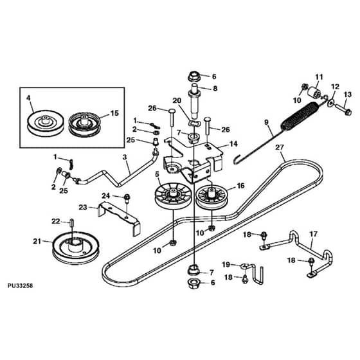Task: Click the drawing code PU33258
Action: [x=20, y=285]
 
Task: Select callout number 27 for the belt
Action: [x=280, y=147]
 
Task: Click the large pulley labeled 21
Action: [x=76, y=249]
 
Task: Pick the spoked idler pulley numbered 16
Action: [x=212, y=198]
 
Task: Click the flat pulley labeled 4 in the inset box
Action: [x=46, y=123]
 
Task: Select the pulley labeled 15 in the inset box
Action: [x=85, y=125]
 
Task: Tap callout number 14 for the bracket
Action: [x=233, y=144]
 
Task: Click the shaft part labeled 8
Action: [x=195, y=102]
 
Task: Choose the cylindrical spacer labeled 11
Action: [x=314, y=93]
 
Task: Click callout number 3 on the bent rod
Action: [x=125, y=157]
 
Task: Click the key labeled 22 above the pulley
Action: [x=72, y=222]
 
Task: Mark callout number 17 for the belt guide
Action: [x=314, y=234]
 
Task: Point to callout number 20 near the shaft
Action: [x=177, y=100]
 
